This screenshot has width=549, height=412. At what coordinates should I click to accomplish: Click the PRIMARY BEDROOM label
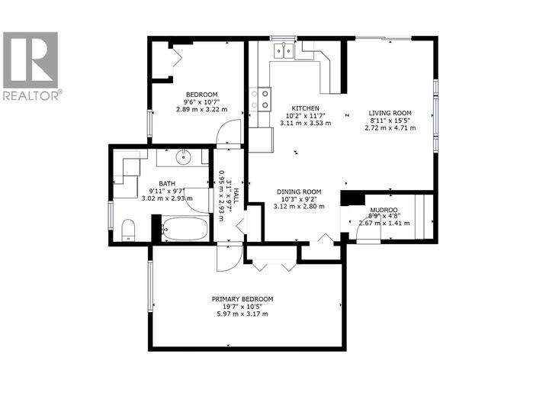(x=242, y=299)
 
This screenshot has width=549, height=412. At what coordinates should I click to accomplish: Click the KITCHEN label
(x=305, y=108)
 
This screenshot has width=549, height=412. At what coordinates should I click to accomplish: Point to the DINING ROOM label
(x=300, y=192)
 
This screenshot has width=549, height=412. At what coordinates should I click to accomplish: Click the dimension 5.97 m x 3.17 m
(x=242, y=314)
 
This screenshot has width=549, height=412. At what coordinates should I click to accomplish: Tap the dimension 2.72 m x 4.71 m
(x=391, y=127)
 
